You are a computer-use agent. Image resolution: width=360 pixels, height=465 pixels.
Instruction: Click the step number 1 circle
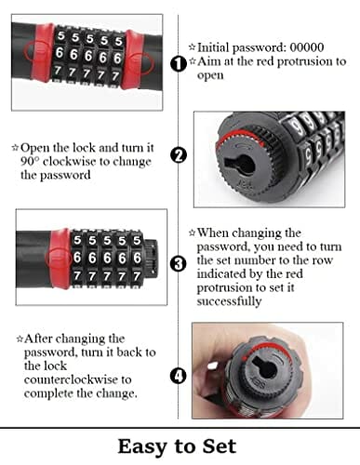(179, 64)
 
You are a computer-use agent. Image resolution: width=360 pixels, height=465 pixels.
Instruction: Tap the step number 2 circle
(179, 154)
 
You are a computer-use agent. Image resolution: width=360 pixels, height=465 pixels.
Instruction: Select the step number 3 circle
(179, 264)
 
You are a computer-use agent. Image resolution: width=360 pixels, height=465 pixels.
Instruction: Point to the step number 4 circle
(179, 376)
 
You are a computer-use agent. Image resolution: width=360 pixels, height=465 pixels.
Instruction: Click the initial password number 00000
(307, 47)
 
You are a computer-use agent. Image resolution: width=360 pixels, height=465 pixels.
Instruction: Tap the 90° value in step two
(30, 161)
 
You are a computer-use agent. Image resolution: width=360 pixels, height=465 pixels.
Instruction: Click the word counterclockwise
(78, 379)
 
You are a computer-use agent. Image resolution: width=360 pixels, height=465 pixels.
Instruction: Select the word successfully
(229, 301)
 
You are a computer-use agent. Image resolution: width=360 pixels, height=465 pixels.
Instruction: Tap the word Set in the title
(220, 446)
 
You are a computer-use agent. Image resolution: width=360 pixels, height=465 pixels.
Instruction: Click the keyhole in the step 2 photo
(239, 164)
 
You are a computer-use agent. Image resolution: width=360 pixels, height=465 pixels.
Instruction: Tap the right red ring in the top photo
(134, 59)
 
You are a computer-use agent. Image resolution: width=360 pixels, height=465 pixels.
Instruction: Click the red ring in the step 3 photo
(59, 259)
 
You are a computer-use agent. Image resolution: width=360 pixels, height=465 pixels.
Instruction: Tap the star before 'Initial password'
(193, 47)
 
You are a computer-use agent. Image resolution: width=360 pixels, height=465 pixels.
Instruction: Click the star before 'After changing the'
(20, 339)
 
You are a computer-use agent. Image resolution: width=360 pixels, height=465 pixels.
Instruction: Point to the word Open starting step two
(35, 148)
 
